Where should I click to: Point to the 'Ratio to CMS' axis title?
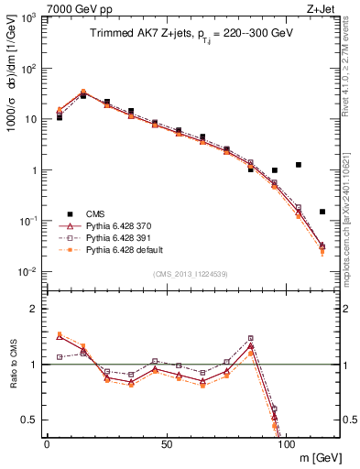13,364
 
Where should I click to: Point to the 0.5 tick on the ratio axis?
30,420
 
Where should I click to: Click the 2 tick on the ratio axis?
35,309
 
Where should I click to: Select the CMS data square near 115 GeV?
322,212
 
